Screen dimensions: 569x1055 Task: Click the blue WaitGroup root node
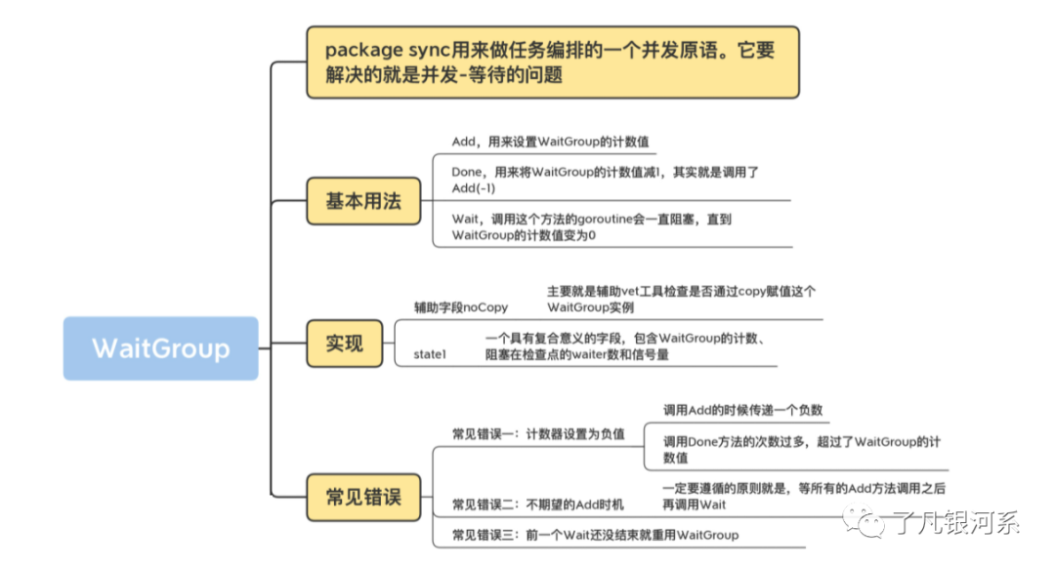(x=161, y=347)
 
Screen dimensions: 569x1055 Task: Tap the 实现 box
(x=344, y=343)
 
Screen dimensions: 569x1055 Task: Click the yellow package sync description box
(x=552, y=61)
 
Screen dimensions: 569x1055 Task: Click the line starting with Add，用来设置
(x=550, y=142)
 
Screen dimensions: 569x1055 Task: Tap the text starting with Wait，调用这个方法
(x=591, y=227)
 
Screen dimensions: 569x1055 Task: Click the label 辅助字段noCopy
(x=461, y=307)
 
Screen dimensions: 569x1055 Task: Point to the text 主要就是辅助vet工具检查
(x=681, y=300)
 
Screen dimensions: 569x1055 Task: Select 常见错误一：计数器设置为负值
(x=538, y=433)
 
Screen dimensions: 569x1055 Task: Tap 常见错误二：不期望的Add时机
(x=537, y=504)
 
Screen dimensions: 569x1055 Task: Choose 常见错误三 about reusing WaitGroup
(x=595, y=534)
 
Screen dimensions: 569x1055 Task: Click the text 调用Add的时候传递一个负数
(x=747, y=410)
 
